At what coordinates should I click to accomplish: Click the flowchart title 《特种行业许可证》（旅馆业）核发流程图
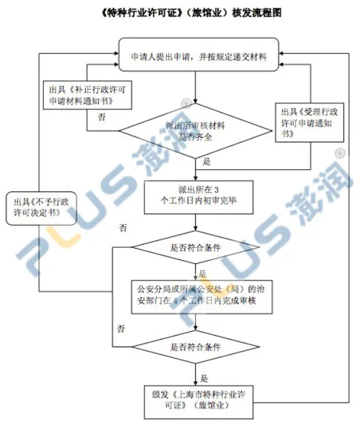(x=191, y=13)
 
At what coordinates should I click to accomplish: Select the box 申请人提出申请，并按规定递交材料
(x=199, y=55)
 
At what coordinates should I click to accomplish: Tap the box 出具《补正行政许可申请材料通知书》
(x=88, y=95)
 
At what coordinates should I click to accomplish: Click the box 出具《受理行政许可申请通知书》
(x=310, y=123)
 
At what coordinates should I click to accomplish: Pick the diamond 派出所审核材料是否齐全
(x=196, y=131)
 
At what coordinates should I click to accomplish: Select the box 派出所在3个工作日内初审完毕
(x=198, y=198)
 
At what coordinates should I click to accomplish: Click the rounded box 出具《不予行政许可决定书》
(x=41, y=209)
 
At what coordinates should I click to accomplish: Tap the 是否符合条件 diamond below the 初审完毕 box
(x=196, y=247)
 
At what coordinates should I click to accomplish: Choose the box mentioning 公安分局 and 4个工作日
(x=202, y=297)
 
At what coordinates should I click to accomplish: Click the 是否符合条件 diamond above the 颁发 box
(x=196, y=347)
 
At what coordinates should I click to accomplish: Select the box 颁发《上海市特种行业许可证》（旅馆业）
(x=198, y=402)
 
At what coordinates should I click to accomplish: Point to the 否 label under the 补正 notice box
(x=102, y=118)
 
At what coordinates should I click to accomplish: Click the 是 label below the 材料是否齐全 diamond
(x=207, y=162)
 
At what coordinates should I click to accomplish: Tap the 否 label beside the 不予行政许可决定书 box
(x=123, y=228)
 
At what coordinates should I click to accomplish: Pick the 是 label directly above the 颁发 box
(x=204, y=378)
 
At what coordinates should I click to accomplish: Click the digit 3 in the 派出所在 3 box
(x=216, y=189)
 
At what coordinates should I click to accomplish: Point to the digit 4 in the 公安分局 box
(x=176, y=301)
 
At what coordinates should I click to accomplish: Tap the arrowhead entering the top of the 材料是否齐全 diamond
(x=196, y=100)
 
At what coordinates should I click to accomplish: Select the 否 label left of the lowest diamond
(x=121, y=329)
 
